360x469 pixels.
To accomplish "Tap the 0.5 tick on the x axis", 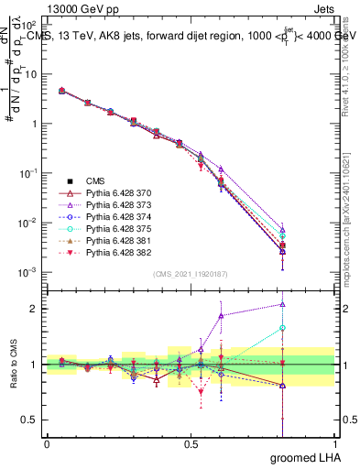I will click(x=191, y=444).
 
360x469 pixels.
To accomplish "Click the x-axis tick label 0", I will click(x=47, y=444).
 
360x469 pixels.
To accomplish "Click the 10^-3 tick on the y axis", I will click(x=27, y=272).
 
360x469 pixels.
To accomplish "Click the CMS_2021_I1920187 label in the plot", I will click(x=191, y=274).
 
